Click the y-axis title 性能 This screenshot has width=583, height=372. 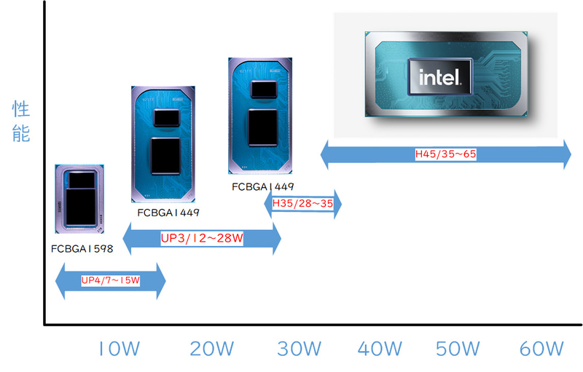click(x=21, y=122)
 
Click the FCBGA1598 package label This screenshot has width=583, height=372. click(x=82, y=249)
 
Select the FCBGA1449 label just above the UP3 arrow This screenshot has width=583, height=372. click(x=168, y=213)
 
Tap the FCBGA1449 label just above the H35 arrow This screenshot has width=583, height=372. click(x=263, y=187)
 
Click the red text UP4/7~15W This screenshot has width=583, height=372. click(x=110, y=280)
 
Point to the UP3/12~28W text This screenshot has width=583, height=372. click(x=202, y=237)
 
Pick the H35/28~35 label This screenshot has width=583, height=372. click(x=302, y=205)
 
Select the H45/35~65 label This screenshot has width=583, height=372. click(x=446, y=154)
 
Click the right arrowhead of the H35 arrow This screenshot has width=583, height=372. click(x=336, y=205)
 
